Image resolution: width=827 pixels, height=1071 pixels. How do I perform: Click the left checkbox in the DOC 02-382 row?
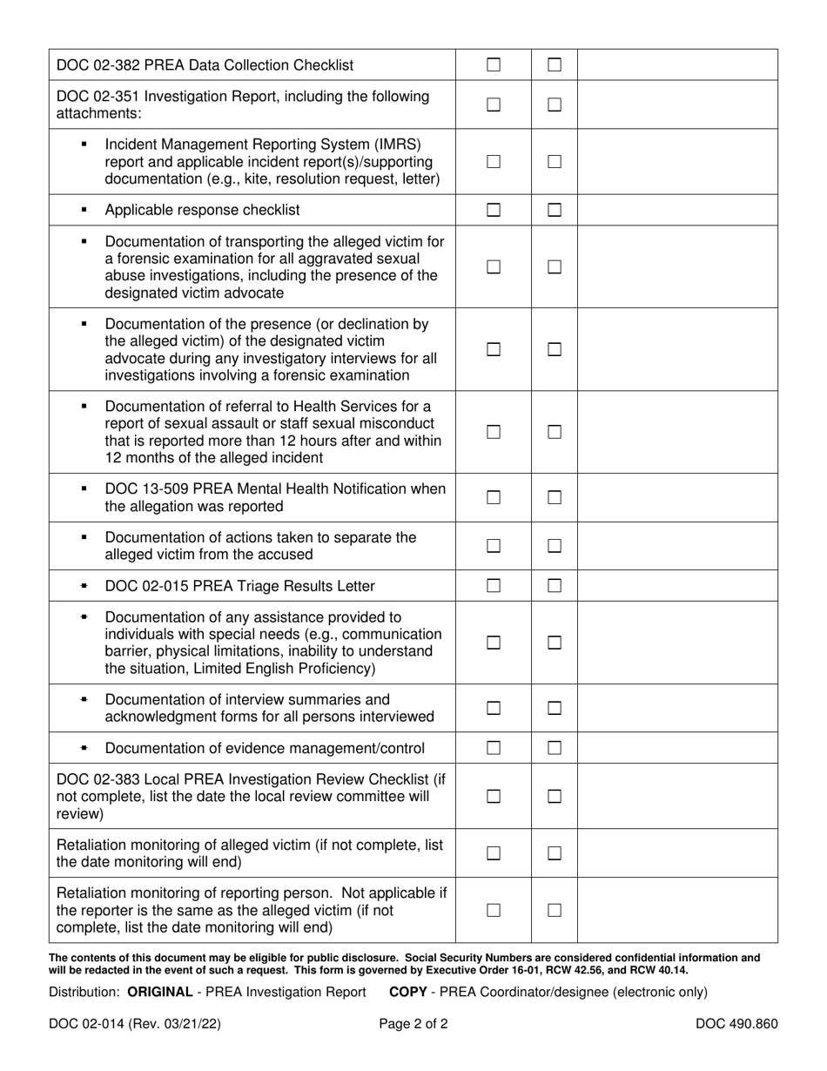click(x=494, y=64)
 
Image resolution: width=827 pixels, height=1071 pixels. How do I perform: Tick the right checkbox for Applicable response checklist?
click(x=554, y=210)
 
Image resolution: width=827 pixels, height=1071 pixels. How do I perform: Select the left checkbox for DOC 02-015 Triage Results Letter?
click(x=494, y=586)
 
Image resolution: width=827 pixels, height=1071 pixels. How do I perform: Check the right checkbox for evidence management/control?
click(x=554, y=748)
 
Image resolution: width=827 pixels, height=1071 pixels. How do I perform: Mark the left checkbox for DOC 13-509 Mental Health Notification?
click(x=494, y=498)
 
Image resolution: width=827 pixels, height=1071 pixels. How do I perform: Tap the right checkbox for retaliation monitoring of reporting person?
click(x=554, y=910)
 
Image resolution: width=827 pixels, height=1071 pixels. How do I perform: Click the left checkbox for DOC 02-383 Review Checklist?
click(x=494, y=796)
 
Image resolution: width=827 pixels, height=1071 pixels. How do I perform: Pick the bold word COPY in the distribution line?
click(x=407, y=992)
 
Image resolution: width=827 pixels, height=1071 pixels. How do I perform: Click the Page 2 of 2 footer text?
click(x=413, y=1024)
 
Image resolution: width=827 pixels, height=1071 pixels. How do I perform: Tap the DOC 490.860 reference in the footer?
click(x=736, y=1024)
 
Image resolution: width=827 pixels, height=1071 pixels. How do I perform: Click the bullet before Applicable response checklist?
click(x=84, y=210)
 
